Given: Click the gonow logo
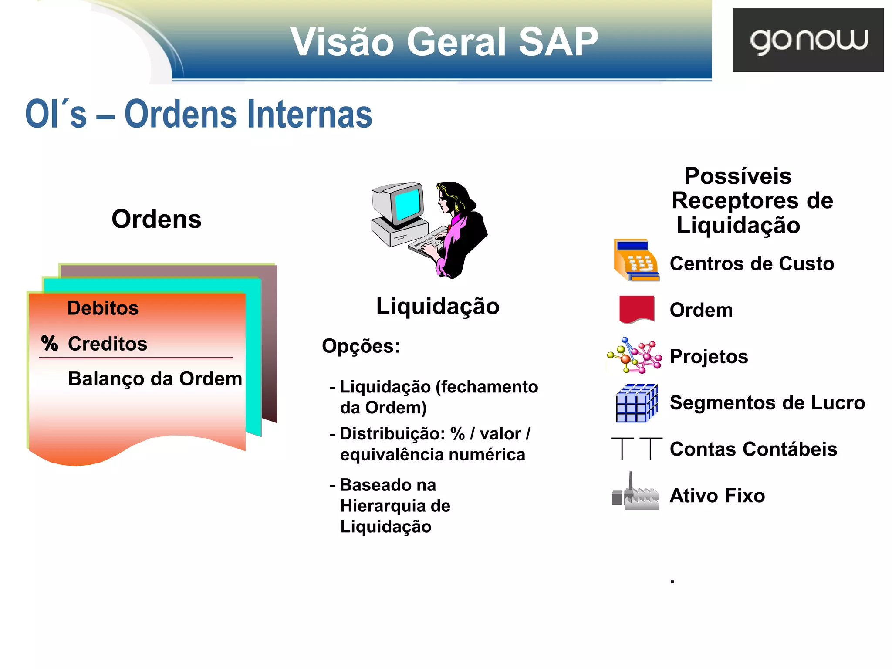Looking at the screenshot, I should click(808, 40).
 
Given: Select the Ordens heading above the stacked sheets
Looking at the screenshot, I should click(156, 219).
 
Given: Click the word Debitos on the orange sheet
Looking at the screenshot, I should click(103, 308).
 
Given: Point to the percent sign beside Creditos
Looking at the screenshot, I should click(50, 343).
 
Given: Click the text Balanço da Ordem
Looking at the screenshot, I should click(155, 378).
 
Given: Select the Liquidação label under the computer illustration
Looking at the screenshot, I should click(438, 306).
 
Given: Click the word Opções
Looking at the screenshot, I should click(361, 346).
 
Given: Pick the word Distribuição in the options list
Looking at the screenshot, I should click(392, 434).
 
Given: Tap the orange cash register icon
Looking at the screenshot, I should click(635, 260).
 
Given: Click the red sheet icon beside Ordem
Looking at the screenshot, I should click(636, 309).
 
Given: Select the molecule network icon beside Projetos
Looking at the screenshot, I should click(635, 355).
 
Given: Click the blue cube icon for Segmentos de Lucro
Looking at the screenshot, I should click(636, 403).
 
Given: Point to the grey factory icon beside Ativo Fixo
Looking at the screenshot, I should click(635, 494).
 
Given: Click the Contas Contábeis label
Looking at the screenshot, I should click(753, 449).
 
